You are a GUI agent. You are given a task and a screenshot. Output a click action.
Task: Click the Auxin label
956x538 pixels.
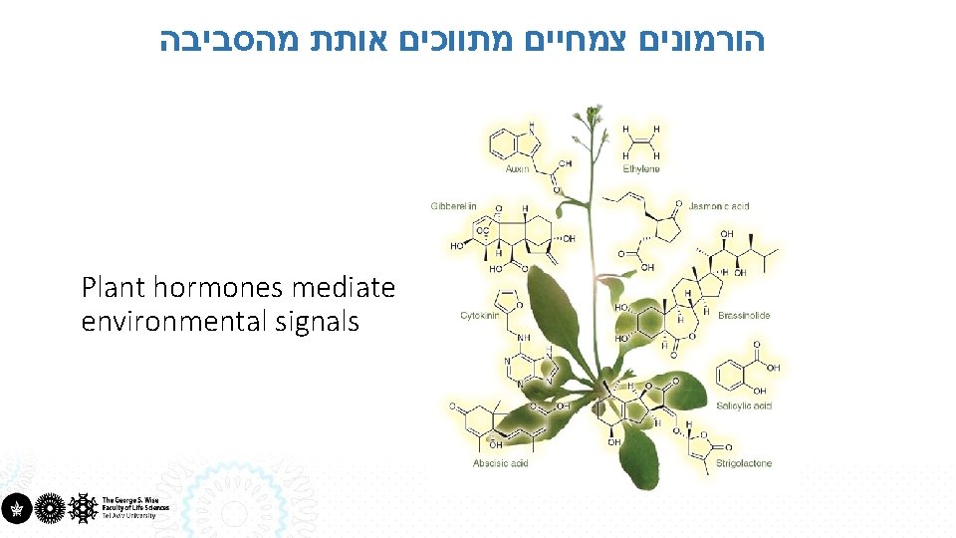click(517, 169)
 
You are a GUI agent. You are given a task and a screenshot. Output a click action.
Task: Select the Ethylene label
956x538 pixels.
click(641, 169)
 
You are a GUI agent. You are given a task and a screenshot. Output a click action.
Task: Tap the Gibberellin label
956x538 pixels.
click(454, 206)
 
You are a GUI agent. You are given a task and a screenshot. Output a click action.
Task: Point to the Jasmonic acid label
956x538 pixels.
click(718, 206)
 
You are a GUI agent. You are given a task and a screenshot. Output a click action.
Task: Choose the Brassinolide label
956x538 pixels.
click(744, 316)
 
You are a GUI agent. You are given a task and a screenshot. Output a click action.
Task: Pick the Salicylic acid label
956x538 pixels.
click(744, 406)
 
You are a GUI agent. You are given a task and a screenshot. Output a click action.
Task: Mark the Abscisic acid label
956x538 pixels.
click(501, 463)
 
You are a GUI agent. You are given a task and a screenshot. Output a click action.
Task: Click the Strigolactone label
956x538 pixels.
click(744, 463)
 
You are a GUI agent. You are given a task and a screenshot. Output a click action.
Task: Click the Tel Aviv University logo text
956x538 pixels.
click(135, 507)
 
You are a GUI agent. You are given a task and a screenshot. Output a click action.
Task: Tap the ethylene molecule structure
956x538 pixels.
click(641, 142)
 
